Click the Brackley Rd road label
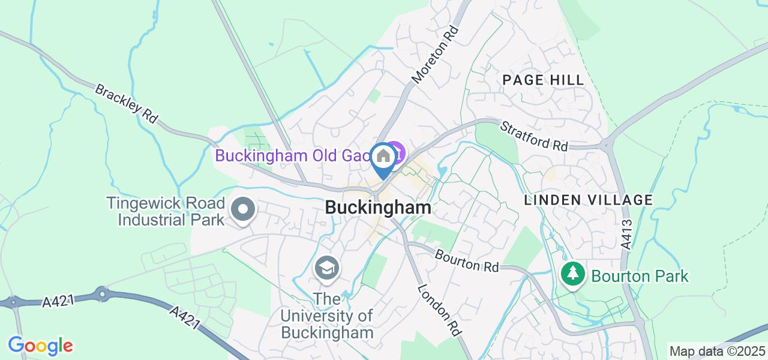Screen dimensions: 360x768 [126, 103]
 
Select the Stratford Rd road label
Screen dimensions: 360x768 [534, 136]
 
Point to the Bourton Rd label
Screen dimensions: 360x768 [467, 260]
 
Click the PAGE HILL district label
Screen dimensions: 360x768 [543, 80]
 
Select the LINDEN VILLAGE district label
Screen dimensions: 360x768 [588, 200]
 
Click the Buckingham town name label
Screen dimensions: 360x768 [378, 208]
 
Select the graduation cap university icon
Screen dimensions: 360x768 [327, 268]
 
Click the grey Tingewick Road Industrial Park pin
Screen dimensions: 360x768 [243, 211]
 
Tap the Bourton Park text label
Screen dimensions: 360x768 [640, 277]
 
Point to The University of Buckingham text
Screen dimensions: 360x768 [328, 316]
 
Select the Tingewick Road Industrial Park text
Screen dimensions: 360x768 [165, 211]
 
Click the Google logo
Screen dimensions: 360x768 [40, 346]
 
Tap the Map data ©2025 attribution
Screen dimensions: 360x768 [717, 352]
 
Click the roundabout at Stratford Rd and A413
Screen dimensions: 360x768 [607, 145]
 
